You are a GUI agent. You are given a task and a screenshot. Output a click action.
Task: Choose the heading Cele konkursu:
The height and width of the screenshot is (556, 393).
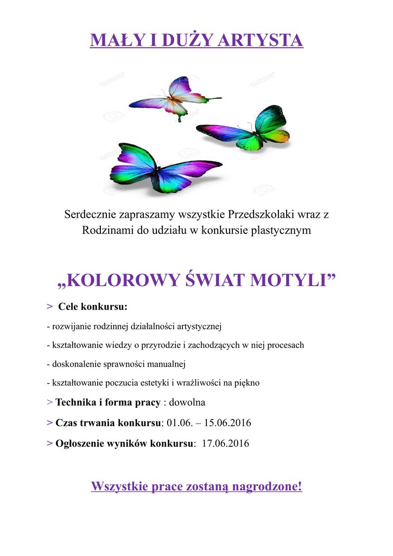click(92, 307)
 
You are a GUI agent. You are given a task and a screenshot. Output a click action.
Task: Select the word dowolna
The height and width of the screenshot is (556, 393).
click(187, 402)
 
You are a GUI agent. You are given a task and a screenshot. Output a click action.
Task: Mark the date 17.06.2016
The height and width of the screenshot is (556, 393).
click(225, 443)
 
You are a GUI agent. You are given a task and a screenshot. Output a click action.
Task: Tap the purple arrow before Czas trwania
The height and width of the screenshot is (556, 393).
click(50, 422)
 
